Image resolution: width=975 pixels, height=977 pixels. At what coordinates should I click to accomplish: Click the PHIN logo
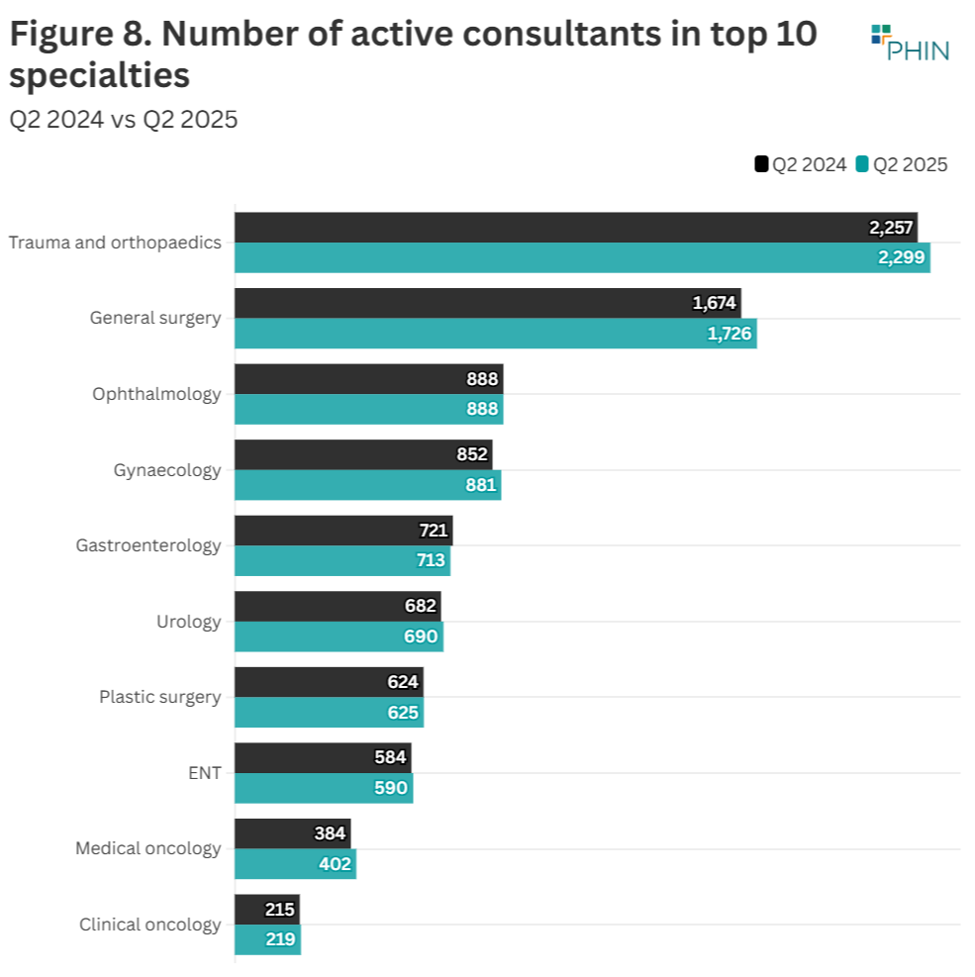coord(910,44)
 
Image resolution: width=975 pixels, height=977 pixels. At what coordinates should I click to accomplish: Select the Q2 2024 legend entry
coord(801,164)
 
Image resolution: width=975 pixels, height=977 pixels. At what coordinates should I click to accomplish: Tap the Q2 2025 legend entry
coord(902,164)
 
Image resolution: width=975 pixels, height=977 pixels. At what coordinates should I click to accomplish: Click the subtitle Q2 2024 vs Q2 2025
coord(124,120)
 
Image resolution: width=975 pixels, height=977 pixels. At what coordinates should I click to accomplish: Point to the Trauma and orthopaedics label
coord(115,243)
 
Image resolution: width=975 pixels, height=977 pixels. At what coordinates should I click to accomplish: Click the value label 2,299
coord(901,258)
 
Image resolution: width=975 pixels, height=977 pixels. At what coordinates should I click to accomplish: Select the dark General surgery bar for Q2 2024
coord(487,303)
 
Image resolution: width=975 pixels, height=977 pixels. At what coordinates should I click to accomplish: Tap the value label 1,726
coord(730,335)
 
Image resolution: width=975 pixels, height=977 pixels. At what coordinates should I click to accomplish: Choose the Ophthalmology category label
coord(156,394)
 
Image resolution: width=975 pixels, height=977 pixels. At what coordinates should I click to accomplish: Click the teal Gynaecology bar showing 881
coord(367,485)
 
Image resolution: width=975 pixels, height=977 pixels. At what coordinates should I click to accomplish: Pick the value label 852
coord(472,454)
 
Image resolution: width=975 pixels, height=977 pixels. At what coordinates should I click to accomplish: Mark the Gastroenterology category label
coord(148,545)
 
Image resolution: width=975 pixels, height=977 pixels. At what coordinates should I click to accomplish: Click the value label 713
coord(432,561)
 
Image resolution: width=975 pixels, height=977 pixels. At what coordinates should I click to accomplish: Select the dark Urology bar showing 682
coord(337,606)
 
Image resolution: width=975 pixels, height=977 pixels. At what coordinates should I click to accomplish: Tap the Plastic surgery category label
coord(159,697)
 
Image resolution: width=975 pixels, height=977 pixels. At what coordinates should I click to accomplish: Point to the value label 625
coord(403,713)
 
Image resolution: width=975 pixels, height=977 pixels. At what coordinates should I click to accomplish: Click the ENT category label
coord(204,773)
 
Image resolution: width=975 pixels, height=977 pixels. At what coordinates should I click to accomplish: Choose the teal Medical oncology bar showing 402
coord(295,864)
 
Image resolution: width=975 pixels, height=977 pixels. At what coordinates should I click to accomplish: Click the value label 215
coord(280,910)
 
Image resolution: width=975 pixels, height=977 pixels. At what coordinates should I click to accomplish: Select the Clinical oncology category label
coord(149,925)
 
